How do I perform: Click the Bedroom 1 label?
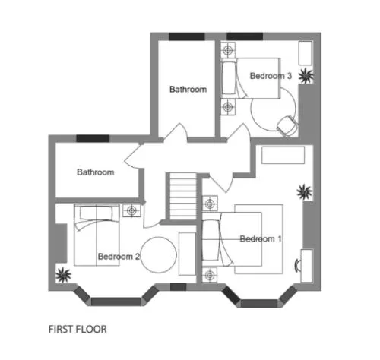tap(261, 238)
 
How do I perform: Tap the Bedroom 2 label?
tap(119, 257)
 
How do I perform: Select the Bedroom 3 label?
tap(271, 76)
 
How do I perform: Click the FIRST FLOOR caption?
tap(78, 330)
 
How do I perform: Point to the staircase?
tap(181, 197)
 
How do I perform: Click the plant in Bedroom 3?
tap(306, 75)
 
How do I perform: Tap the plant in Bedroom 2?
tap(63, 275)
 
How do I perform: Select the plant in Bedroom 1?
tap(304, 192)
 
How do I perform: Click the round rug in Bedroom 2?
tap(159, 255)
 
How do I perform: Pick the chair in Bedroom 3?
tap(287, 126)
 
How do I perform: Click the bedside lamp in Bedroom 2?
tap(131, 210)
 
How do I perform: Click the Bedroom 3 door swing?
tap(239, 131)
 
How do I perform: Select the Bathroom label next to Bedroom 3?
tap(188, 90)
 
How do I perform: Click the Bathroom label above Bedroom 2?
tap(96, 172)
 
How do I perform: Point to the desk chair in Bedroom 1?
tap(297, 266)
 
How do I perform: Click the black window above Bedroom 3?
tap(245, 36)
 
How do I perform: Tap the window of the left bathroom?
tap(93, 138)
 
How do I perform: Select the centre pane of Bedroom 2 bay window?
tap(116, 302)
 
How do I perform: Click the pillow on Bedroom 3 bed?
tap(229, 78)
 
